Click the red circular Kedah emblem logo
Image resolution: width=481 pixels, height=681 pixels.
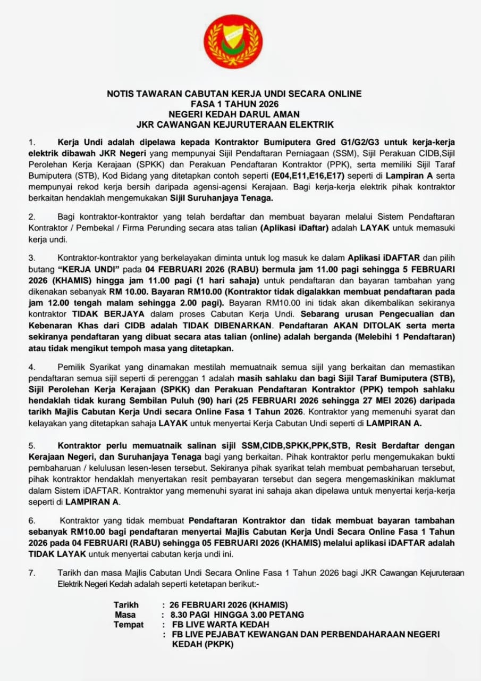coord(234,41)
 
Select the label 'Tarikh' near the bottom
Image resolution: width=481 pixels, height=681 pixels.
coord(126,605)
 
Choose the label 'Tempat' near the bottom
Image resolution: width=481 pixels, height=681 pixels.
coord(129,624)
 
